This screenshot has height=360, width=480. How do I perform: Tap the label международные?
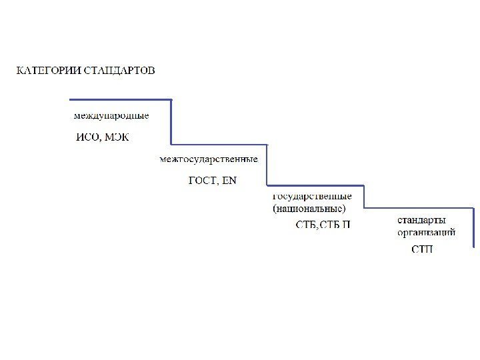click(111, 115)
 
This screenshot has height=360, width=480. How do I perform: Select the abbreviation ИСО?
click(87, 138)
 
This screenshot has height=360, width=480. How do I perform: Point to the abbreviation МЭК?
click(117, 138)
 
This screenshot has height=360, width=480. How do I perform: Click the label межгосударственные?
click(209, 159)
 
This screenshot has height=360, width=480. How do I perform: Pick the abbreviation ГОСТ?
click(201, 180)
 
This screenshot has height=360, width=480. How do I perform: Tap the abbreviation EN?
click(229, 180)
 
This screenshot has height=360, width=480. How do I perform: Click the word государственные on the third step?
click(312, 196)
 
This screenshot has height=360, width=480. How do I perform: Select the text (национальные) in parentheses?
click(309, 208)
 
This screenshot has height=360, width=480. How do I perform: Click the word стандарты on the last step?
click(422, 220)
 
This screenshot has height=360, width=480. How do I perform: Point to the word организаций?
click(427, 233)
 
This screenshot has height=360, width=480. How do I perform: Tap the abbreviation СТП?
click(421, 249)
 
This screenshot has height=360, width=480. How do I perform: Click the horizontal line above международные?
click(120, 100)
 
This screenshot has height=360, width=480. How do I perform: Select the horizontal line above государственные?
click(315, 186)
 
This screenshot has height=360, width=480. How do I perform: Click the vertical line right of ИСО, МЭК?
click(171, 122)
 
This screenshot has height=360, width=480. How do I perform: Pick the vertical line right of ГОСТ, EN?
click(267, 165)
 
